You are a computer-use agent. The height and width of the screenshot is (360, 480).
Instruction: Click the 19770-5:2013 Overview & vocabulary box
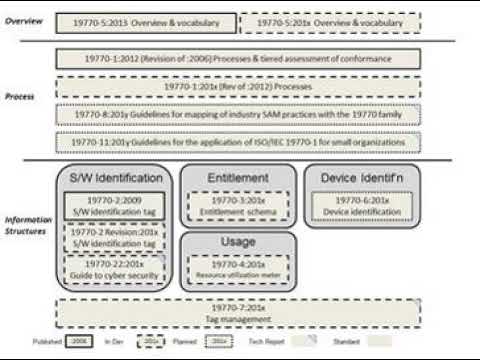pyautogui.click(x=148, y=21)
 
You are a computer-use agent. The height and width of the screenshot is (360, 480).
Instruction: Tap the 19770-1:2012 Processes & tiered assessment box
pyautogui.click(x=237, y=59)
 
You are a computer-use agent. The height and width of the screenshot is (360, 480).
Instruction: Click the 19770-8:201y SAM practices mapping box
pyautogui.click(x=237, y=114)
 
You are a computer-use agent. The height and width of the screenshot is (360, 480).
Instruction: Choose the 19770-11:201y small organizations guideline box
pyautogui.click(x=237, y=141)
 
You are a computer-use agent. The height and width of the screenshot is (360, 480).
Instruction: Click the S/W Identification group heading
pyautogui.click(x=115, y=178)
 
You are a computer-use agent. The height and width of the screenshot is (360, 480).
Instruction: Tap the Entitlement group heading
pyautogui.click(x=237, y=178)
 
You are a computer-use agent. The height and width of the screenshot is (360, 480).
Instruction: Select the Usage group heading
pyautogui.click(x=237, y=243)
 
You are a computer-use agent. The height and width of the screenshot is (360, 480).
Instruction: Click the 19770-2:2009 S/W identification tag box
pyautogui.click(x=114, y=205)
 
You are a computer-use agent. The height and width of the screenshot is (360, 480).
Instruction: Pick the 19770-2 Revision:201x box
pyautogui.click(x=114, y=237)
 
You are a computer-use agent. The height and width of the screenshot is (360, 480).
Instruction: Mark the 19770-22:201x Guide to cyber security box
pyautogui.click(x=114, y=267)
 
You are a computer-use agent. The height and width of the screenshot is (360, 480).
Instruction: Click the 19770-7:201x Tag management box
pyautogui.click(x=237, y=313)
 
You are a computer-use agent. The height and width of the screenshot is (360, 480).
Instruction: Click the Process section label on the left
pyautogui.click(x=20, y=97)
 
